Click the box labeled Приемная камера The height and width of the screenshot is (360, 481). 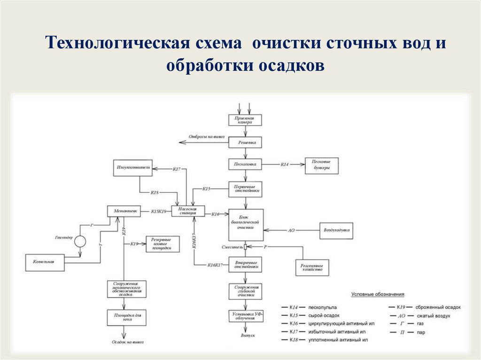point(245,120)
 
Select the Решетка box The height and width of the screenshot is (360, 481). point(245,142)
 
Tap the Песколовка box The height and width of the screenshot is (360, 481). point(245,165)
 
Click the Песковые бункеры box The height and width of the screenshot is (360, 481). point(321,165)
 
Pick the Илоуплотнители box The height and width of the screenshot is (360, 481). point(132,168)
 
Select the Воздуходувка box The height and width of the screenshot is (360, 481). point(336,230)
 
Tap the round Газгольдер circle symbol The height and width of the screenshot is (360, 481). point(80,241)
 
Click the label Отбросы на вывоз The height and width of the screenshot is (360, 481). point(207,137)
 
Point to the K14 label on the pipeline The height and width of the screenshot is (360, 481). point(285,164)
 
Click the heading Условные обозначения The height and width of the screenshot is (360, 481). point(378,294)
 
